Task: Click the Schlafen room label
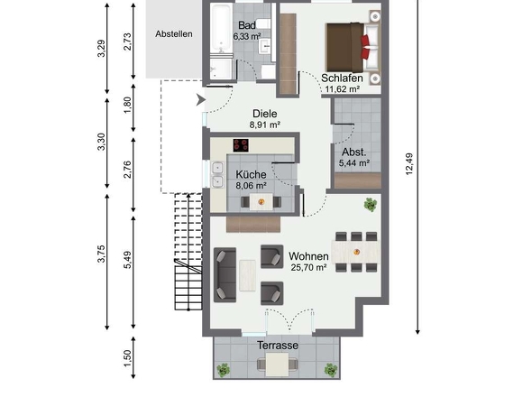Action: coord(342,78)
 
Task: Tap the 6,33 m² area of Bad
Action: coord(247,36)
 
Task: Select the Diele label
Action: coord(265,114)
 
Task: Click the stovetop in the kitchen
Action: coord(241,145)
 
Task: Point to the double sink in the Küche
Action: coord(217,175)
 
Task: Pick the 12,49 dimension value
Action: coord(409,164)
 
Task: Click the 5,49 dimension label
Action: coord(127,260)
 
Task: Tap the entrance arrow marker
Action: coord(201,100)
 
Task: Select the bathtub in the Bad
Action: coord(221,30)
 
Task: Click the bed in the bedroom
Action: coord(353,47)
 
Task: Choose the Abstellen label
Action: coord(174,34)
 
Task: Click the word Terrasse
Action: coord(278,346)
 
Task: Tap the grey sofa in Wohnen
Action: coord(225,274)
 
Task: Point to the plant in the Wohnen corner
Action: coord(371,205)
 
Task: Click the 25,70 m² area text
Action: coord(308,268)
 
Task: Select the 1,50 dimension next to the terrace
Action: coord(127,358)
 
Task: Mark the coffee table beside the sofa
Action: coord(247,275)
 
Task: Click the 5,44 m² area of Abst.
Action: coord(353,163)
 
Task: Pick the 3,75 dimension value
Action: coord(101,254)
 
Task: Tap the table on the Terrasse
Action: coord(277,365)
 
